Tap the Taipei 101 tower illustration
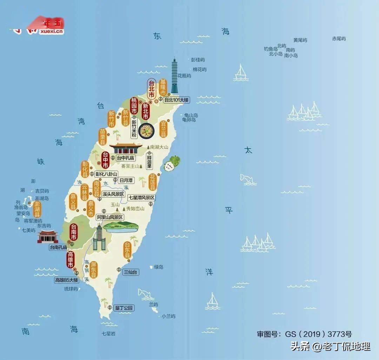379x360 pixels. pyautogui.click(x=174, y=75)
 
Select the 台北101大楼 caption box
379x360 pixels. pyautogui.click(x=177, y=100)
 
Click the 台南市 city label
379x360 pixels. pyautogui.click(x=74, y=232)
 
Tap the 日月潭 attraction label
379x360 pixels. pyautogui.click(x=126, y=180)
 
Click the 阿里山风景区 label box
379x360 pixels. pyautogui.click(x=110, y=217)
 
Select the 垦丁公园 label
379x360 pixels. pyautogui.click(x=124, y=308)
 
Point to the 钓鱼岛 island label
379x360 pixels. pyautogui.click(x=271, y=49)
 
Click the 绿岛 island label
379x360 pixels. pyautogui.click(x=159, y=267)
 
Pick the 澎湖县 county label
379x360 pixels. pyautogui.click(x=37, y=209)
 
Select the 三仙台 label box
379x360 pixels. pyautogui.click(x=131, y=272)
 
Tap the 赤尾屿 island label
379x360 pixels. pyautogui.click(x=339, y=39)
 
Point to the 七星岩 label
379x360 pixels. pyautogui.click(x=108, y=333)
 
